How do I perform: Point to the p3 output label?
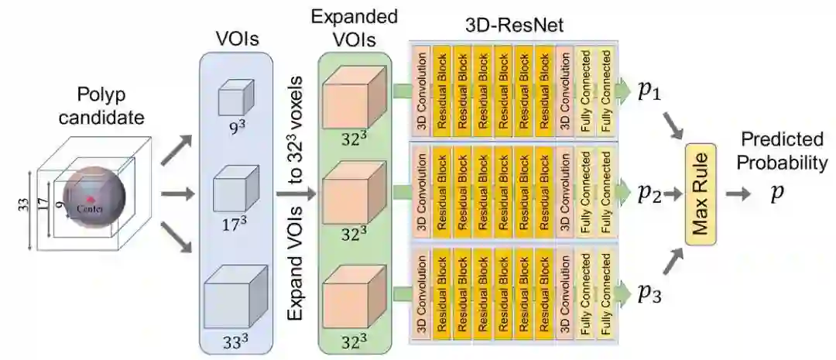(649, 293)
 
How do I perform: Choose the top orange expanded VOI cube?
(352, 98)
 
